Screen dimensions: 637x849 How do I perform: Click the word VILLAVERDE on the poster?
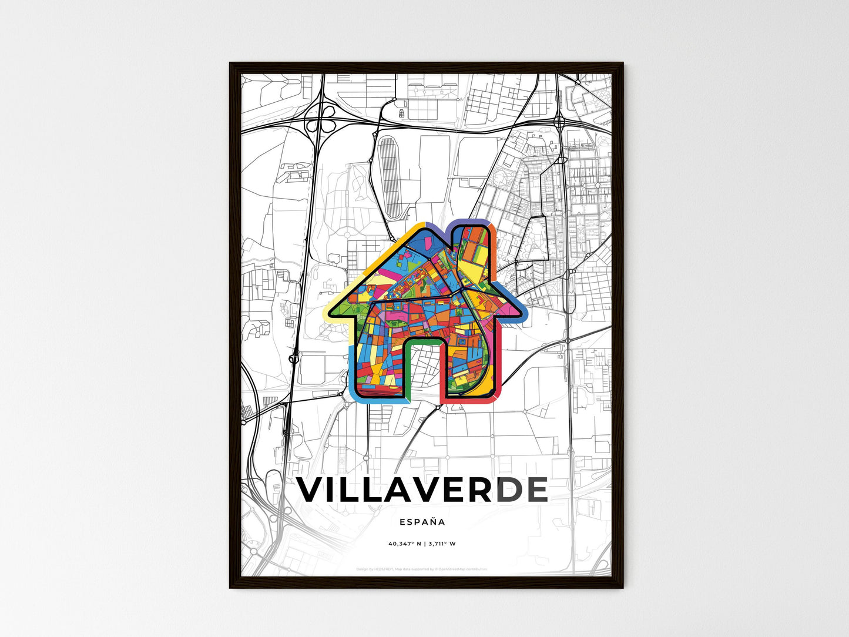(422, 490)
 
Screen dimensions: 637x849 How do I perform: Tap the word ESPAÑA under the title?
(422, 522)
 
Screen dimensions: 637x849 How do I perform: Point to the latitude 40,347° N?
(405, 544)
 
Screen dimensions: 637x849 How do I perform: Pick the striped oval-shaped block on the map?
(389, 170)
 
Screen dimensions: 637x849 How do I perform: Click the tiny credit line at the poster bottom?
(422, 569)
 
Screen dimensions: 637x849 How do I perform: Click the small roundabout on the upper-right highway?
(559, 122)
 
